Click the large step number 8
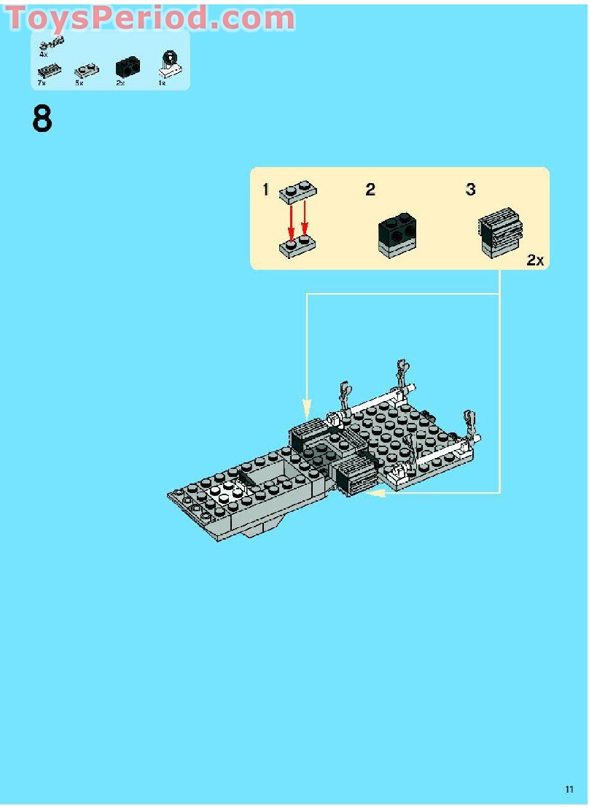coord(42,119)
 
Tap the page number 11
coord(569,789)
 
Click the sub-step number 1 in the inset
coord(265,190)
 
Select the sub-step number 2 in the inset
coord(370,190)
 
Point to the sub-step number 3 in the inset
coord(471,190)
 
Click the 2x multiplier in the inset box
coord(535,260)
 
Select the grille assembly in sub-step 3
coord(502,235)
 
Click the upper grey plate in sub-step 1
coord(297,192)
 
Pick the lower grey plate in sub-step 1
coord(297,246)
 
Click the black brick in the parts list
coord(127,68)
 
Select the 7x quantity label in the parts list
coord(42,83)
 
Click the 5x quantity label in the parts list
coord(79,83)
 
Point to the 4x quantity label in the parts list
coord(43,55)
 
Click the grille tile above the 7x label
coord(50,71)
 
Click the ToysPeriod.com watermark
coord(150,18)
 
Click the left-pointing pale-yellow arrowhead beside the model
coord(375,494)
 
